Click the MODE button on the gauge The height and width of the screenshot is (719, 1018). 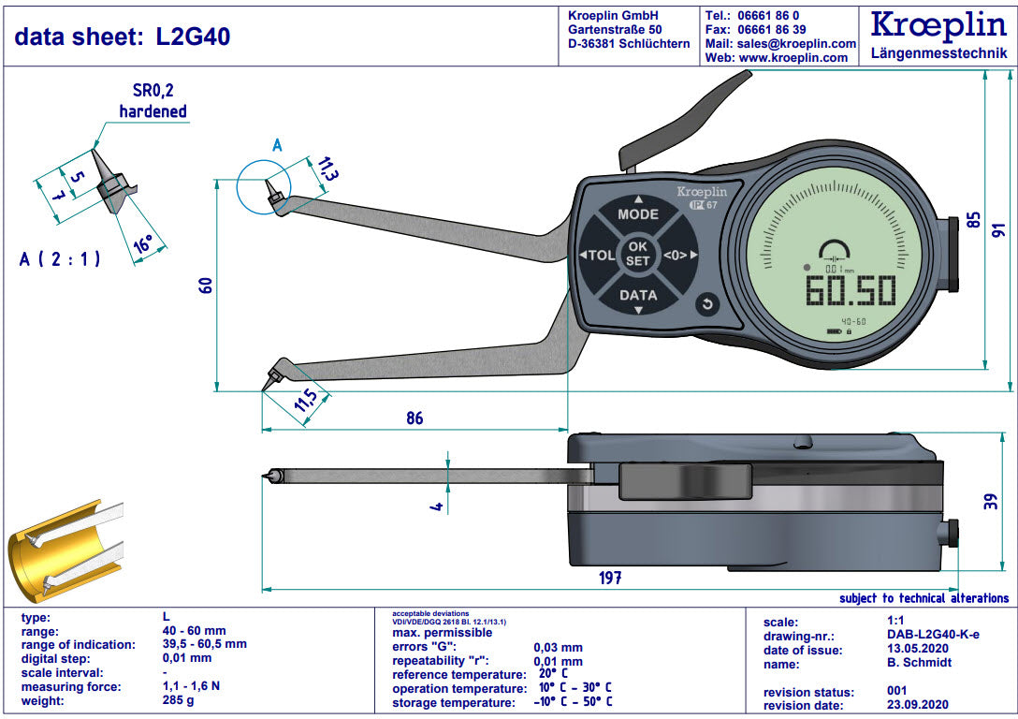coord(637,214)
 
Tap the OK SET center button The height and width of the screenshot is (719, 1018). coord(637,255)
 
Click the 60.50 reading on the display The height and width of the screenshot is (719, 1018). coord(851,291)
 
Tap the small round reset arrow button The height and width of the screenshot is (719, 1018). coord(706,304)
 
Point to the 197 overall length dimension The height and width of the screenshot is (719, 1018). coord(609,578)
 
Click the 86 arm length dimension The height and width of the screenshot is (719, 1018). coord(414,418)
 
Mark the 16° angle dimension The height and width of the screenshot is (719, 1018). coord(143,244)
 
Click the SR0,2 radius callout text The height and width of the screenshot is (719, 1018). coord(153,91)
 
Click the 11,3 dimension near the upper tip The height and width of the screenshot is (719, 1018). coord(327,169)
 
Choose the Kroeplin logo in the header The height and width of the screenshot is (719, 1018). coord(938,26)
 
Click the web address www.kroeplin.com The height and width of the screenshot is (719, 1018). coord(793,57)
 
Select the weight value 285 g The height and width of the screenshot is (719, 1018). coord(178,701)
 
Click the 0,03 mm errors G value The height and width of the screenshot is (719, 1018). coord(558,647)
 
